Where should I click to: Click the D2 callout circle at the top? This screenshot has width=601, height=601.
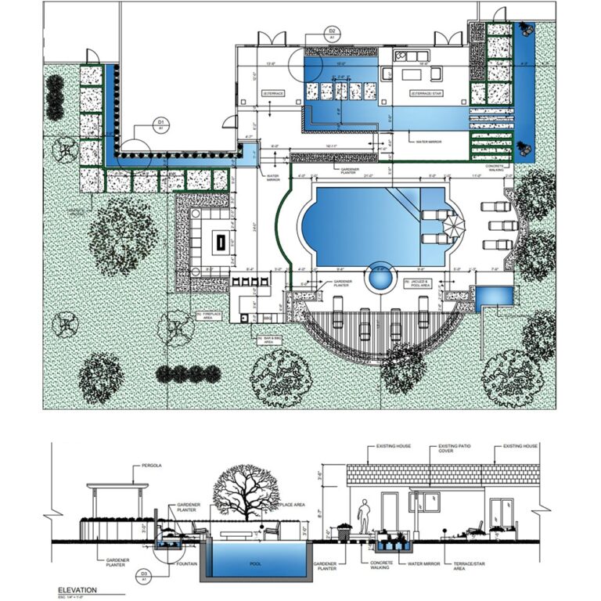(x=332, y=33)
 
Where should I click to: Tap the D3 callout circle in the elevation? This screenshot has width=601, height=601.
(x=144, y=578)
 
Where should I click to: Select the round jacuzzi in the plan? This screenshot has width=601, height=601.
(x=381, y=276)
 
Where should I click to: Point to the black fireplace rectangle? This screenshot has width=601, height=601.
(x=220, y=241)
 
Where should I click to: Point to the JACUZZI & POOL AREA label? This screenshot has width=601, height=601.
(x=418, y=283)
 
